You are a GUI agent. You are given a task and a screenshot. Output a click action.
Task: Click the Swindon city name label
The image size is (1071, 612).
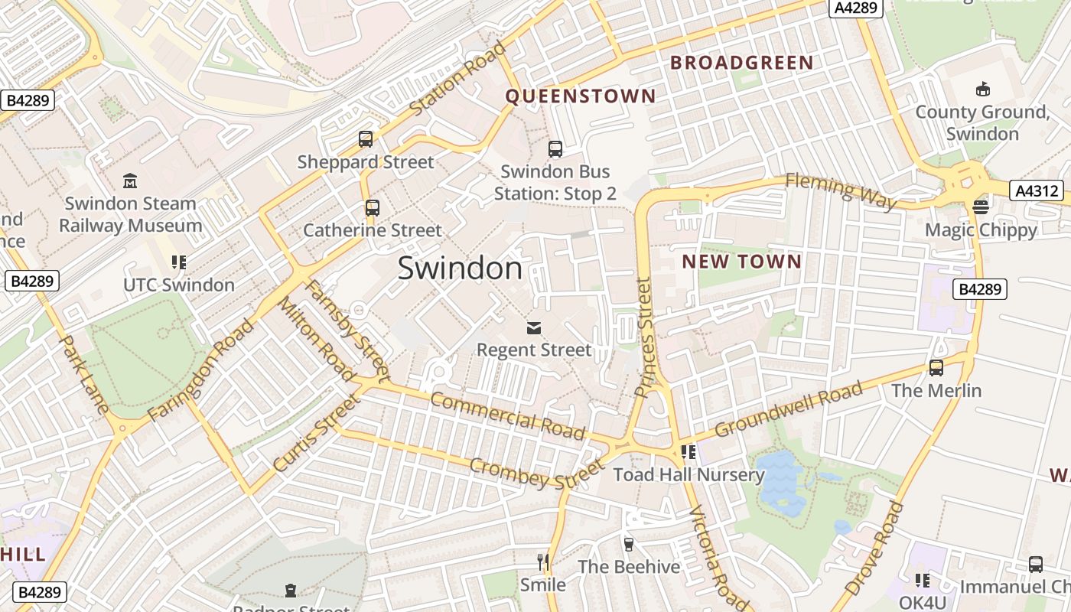point(460,269)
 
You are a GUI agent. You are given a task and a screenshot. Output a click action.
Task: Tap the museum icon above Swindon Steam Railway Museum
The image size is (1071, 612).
point(130,181)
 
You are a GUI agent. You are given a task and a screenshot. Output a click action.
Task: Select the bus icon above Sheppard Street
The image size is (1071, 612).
point(366,139)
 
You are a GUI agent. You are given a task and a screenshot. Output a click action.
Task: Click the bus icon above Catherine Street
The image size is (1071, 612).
point(373,207)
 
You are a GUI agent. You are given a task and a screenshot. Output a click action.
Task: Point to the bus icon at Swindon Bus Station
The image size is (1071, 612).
point(555,149)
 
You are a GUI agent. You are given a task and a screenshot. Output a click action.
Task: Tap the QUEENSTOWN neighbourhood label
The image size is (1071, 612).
point(581,96)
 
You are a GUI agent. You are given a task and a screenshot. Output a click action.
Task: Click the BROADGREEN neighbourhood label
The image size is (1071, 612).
point(741,63)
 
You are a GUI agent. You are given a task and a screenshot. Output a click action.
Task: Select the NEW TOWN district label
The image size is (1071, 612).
point(741,262)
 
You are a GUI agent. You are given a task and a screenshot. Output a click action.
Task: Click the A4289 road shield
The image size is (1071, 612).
point(857,8)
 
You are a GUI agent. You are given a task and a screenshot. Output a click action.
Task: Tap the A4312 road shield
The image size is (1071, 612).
point(1036,190)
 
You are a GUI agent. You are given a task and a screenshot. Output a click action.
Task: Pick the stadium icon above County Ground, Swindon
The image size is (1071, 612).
point(983,90)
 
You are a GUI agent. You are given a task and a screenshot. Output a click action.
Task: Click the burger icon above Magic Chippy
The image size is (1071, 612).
point(981,207)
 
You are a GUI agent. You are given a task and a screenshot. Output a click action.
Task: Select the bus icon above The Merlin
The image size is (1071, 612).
point(936,368)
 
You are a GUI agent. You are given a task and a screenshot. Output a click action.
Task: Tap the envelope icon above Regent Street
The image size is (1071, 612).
point(534,328)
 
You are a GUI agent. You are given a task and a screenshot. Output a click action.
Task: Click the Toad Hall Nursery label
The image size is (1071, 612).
point(688,474)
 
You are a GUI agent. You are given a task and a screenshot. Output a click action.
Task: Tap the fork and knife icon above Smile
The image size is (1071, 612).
point(543,562)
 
